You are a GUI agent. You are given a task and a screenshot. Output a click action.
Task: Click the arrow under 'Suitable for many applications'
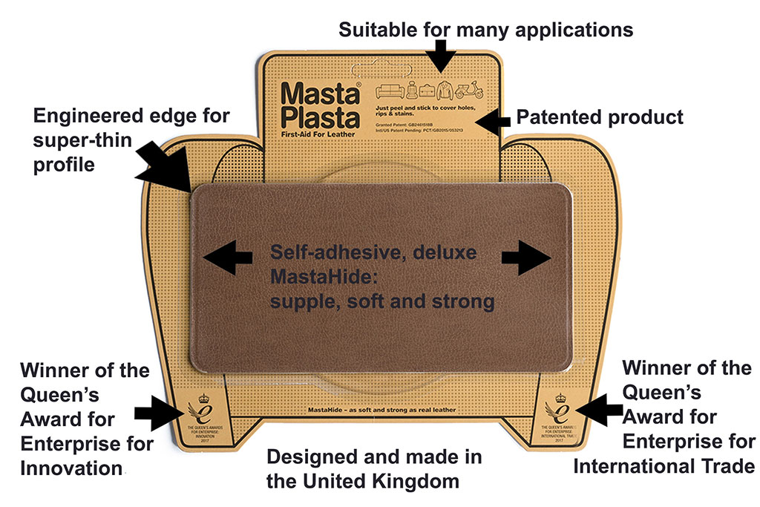[443, 53]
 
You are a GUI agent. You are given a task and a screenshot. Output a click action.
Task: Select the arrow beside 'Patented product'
[491, 119]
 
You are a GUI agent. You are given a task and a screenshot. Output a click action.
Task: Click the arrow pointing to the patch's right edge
[526, 258]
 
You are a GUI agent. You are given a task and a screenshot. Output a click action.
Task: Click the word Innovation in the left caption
[71, 468]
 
